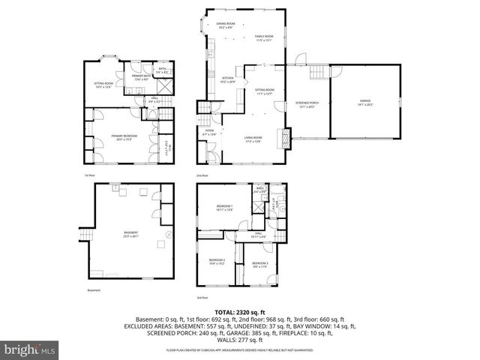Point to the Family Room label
(263, 38)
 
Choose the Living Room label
(252, 139)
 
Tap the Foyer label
(210, 133)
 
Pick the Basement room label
(131, 234)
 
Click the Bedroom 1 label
(225, 208)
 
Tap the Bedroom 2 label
(217, 262)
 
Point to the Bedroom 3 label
(260, 263)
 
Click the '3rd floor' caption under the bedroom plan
(202, 298)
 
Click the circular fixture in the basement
(167, 234)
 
